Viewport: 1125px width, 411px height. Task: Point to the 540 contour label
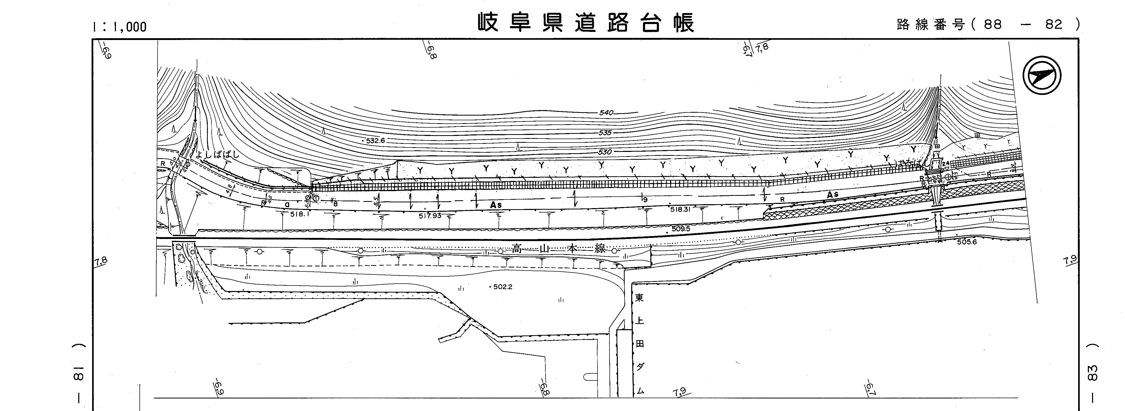point(606,113)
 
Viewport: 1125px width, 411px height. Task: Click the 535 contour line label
point(605,132)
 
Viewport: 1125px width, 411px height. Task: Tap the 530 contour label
point(605,152)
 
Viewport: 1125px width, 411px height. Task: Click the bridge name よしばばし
point(217,154)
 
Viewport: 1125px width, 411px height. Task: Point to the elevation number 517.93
point(430,215)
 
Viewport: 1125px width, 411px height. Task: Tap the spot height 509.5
point(681,228)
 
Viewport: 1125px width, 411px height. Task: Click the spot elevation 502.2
point(502,287)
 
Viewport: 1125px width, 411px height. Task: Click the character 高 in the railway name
point(518,249)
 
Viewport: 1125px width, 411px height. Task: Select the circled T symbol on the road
point(316,198)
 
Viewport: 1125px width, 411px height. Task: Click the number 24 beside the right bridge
point(946,164)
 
